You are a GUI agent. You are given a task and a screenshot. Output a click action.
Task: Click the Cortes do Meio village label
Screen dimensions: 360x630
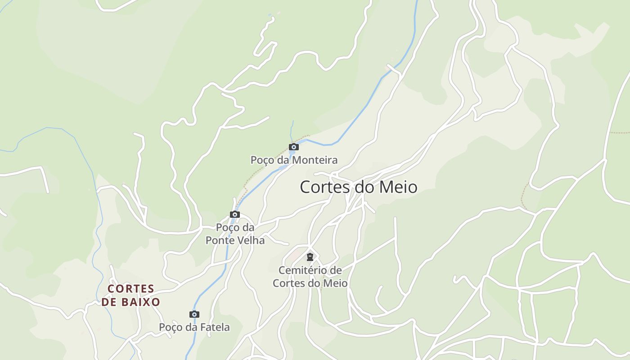[359, 187]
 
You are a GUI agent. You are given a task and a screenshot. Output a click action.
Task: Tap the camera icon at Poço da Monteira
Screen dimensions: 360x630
[294, 147]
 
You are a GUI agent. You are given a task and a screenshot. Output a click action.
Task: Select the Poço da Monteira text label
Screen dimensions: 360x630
[294, 160]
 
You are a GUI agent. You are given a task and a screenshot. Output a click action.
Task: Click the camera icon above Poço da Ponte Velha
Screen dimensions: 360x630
[235, 214]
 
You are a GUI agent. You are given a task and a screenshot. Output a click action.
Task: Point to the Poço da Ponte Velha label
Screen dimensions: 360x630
[235, 234]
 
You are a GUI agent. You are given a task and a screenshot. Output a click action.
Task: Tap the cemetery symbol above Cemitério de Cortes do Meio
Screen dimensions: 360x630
[310, 257]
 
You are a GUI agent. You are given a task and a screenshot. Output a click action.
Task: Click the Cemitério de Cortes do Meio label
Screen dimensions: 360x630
[310, 277]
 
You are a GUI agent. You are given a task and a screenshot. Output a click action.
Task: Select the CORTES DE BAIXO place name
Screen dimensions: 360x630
[130, 295]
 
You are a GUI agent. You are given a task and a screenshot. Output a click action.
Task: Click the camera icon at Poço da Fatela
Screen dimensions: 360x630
[194, 314]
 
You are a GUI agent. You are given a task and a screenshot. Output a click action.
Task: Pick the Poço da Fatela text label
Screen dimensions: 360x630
[194, 328]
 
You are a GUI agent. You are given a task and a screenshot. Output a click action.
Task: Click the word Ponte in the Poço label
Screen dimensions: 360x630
[220, 241]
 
